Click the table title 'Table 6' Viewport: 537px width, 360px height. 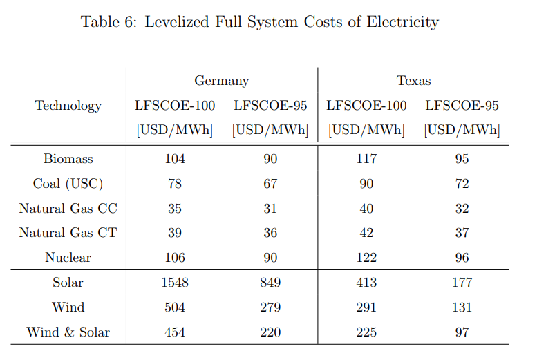(x=259, y=22)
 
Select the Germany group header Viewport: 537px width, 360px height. (x=221, y=81)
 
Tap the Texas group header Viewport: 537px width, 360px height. (x=413, y=81)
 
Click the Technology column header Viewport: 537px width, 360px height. (x=68, y=106)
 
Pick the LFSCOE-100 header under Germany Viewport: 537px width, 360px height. (x=175, y=106)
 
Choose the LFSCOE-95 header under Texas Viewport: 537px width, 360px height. (x=462, y=106)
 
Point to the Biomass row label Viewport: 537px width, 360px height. (x=68, y=159)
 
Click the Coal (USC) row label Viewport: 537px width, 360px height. (x=68, y=184)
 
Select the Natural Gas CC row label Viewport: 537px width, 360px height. (x=68, y=209)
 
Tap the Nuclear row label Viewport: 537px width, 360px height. (x=68, y=258)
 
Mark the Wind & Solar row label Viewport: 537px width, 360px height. (x=68, y=332)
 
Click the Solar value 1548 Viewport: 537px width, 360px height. (x=175, y=283)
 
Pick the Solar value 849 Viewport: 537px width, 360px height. (x=270, y=283)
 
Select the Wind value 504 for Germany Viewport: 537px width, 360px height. (x=175, y=307)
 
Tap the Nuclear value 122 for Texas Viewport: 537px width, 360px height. (x=366, y=258)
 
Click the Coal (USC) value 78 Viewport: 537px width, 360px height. (x=175, y=184)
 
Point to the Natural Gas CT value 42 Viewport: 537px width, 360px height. (x=366, y=234)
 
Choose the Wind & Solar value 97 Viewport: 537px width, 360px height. (x=462, y=332)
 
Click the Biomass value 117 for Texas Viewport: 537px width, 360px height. (x=366, y=159)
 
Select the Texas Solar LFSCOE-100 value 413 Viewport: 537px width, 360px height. (x=366, y=283)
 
